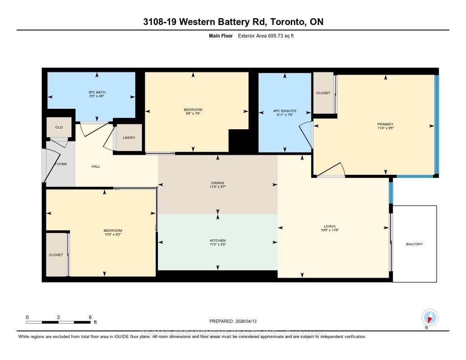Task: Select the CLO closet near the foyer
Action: (x=59, y=127)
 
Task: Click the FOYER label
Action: (x=61, y=164)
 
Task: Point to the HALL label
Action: (x=96, y=167)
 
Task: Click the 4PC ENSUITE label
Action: (x=285, y=111)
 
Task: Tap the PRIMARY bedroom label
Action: (x=385, y=124)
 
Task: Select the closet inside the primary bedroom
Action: (x=323, y=93)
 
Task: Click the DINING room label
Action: (x=218, y=183)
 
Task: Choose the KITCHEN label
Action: (x=218, y=240)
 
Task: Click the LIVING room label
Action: (x=329, y=226)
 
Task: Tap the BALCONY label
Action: (x=414, y=244)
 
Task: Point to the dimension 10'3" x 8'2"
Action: (x=113, y=234)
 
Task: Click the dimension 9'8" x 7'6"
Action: (x=193, y=114)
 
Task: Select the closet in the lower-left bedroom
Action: (x=56, y=255)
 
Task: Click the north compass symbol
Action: (x=430, y=317)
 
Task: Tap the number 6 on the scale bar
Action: (x=90, y=317)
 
